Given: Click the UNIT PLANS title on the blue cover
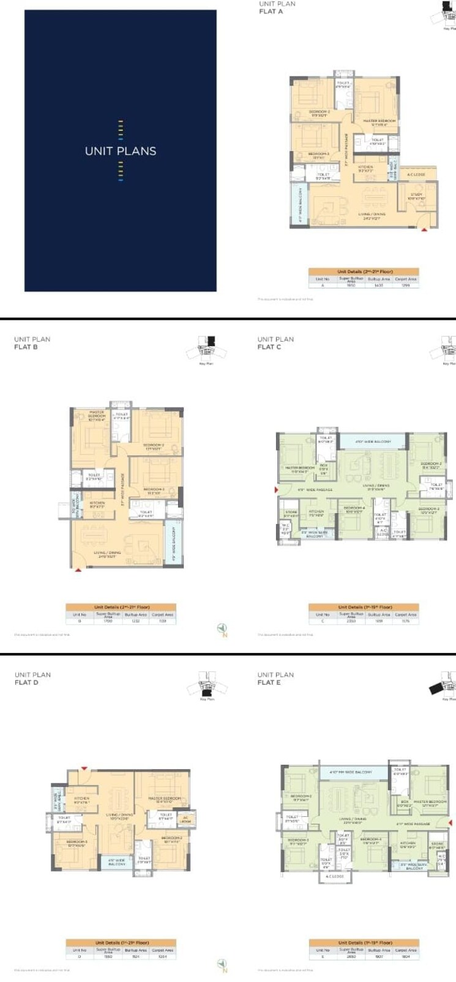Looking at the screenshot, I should click(x=121, y=151).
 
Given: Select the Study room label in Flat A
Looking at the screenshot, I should click(x=416, y=196).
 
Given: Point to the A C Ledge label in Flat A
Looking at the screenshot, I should click(x=416, y=175).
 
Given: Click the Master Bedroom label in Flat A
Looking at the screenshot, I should click(x=379, y=122).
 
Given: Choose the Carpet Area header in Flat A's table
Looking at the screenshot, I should click(x=405, y=279).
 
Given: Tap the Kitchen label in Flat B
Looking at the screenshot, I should click(x=97, y=504).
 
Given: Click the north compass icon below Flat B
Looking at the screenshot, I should click(x=223, y=629).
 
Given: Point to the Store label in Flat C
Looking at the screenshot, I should click(x=291, y=513).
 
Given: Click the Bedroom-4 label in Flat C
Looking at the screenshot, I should click(x=354, y=509).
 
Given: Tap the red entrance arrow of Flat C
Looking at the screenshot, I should click(x=277, y=490).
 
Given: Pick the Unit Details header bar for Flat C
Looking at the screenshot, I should click(x=364, y=607).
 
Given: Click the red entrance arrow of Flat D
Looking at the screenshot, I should click(x=84, y=768).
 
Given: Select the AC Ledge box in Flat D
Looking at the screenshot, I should click(x=185, y=819).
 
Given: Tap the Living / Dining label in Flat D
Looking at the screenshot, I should click(x=120, y=816).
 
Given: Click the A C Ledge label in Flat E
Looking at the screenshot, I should click(x=335, y=876).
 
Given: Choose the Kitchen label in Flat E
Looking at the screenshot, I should click(x=408, y=844).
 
